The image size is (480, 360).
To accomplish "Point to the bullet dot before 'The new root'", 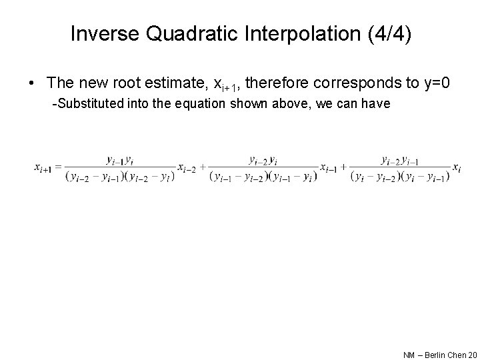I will point(31,84).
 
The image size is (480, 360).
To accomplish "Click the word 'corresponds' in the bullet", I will point(357,83).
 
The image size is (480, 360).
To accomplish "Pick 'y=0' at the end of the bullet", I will point(438,83).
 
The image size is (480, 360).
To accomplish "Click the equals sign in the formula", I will point(59,167).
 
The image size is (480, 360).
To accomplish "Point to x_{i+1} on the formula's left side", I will point(44,167).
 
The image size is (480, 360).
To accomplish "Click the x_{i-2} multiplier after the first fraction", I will point(187,167).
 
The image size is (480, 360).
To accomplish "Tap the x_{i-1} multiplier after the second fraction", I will point(329,167).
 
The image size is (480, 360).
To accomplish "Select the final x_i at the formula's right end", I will point(457,167).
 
